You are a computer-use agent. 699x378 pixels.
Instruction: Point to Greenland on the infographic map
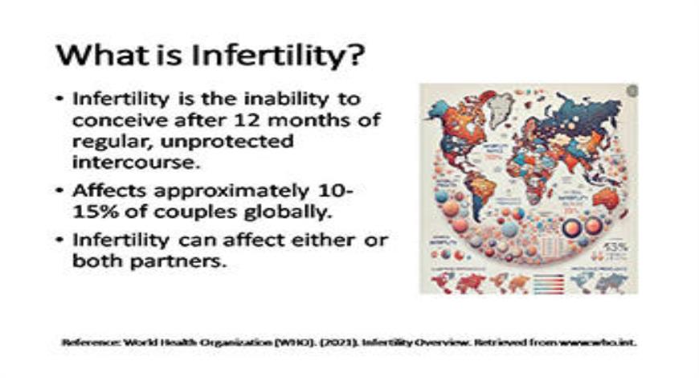(501, 103)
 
